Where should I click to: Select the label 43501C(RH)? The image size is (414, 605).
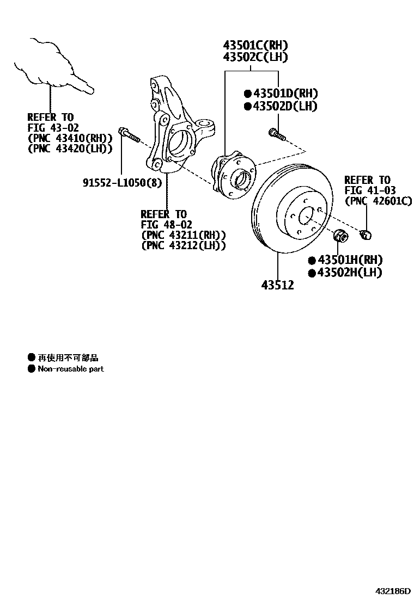pyautogui.click(x=254, y=45)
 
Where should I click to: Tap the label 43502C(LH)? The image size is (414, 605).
pyautogui.click(x=254, y=57)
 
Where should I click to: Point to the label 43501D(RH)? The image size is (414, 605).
pyautogui.click(x=284, y=94)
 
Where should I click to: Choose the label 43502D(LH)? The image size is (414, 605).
pyautogui.click(x=284, y=106)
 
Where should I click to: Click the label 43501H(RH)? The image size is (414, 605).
pyautogui.click(x=349, y=260)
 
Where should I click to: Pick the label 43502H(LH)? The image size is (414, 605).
pyautogui.click(x=349, y=273)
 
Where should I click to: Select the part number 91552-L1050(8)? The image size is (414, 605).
pyautogui.click(x=122, y=182)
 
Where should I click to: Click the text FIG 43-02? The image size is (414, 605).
pyautogui.click(x=53, y=127)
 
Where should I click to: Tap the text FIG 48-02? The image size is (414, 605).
pyautogui.click(x=166, y=224)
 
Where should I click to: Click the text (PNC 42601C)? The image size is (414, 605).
pyautogui.click(x=378, y=201)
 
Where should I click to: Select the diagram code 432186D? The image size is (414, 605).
pyautogui.click(x=392, y=591)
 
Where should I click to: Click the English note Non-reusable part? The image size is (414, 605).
pyautogui.click(x=70, y=369)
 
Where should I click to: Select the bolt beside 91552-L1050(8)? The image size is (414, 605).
pyautogui.click(x=130, y=134)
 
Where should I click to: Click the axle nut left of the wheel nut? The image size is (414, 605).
pyautogui.click(x=340, y=237)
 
